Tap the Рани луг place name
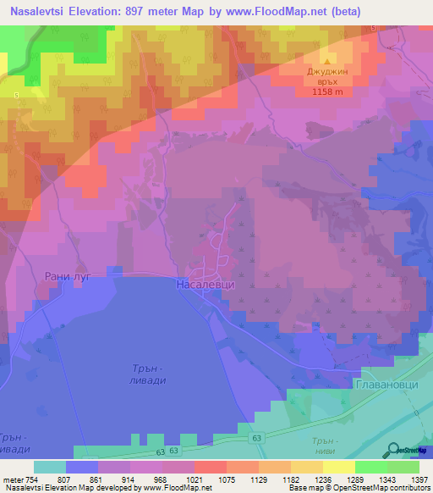click(x=61, y=274)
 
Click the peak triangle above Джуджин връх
click(x=328, y=63)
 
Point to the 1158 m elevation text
click(x=328, y=94)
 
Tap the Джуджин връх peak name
click(x=328, y=79)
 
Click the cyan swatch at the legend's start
click(x=49, y=467)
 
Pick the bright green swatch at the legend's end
click(x=403, y=467)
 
